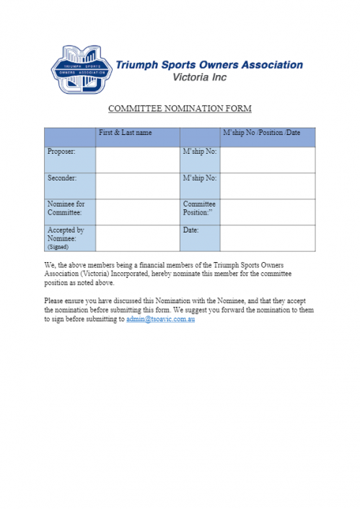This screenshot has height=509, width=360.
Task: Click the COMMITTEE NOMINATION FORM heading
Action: tap(180, 109)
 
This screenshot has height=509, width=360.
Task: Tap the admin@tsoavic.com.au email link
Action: tap(160, 319)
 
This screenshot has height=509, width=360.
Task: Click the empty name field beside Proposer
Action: tap(137, 160)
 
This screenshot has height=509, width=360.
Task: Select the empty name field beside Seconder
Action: tap(137, 186)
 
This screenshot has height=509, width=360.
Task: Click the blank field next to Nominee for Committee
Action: tap(137, 212)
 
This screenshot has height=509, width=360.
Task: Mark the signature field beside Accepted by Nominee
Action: tap(137, 238)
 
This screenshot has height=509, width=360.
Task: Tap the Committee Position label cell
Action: tap(199, 209)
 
